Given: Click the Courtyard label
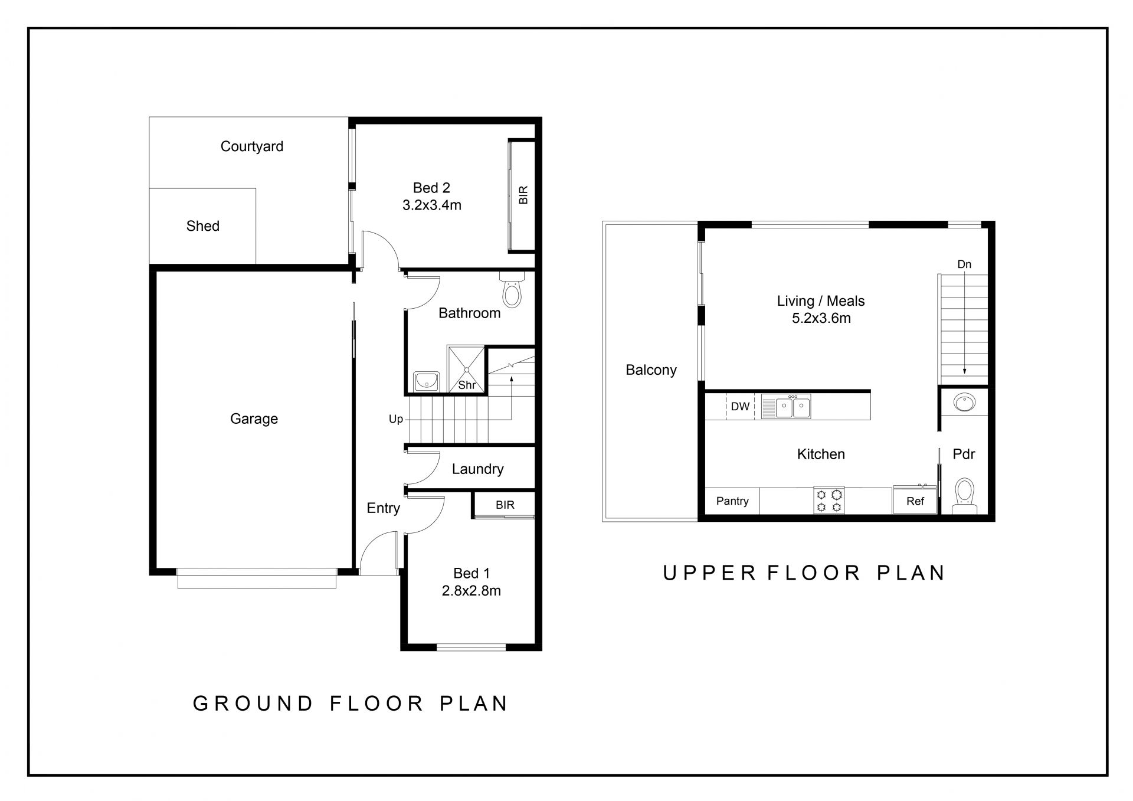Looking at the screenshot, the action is tap(252, 146).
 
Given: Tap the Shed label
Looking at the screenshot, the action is tap(203, 226).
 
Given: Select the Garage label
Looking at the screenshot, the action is tap(254, 419).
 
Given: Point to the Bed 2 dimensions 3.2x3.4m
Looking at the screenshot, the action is tap(432, 205).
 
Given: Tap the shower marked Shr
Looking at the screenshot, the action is tap(466, 370).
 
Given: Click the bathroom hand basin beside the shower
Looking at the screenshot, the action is tap(425, 381).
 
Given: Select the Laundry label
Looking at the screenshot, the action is tap(478, 469).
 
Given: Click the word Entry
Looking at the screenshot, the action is tap(383, 508).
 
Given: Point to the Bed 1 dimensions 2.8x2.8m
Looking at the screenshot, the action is tap(471, 591).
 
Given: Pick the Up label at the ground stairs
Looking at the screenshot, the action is tap(396, 419).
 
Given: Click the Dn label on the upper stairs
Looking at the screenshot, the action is tap(964, 264).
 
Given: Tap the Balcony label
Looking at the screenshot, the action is tap(651, 370).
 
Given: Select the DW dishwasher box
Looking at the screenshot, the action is tap(740, 406).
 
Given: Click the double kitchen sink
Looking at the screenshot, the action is tap(786, 407).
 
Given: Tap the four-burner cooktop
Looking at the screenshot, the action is tap(829, 501).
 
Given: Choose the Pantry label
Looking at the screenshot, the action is tap(732, 501).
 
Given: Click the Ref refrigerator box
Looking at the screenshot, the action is tap(915, 501).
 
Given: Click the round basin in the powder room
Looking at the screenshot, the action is tap(964, 403).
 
